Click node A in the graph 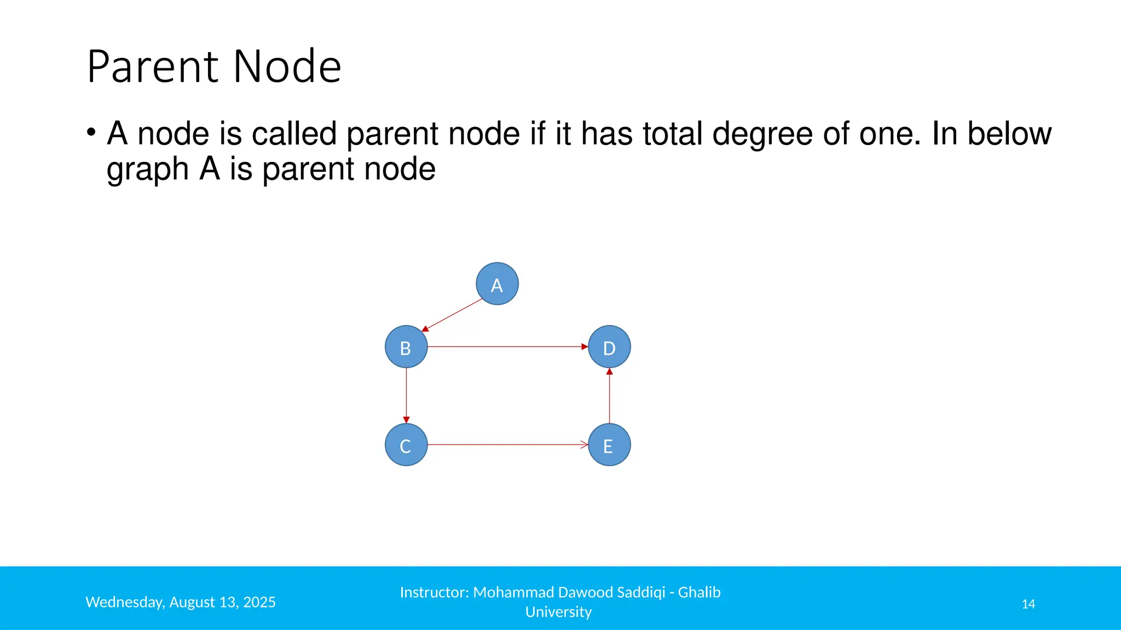coord(497,284)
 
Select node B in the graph coord(406,347)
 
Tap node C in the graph coord(406,445)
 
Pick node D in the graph coord(609,347)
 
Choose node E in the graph coord(609,445)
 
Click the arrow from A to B coord(453,314)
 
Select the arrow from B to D coord(507,347)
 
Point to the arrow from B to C coord(406,395)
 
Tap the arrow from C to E coord(507,445)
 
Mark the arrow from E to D coord(609,395)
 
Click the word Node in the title coord(287,67)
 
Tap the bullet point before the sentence coord(91,132)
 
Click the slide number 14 coord(1028,604)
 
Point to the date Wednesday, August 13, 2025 coord(181,602)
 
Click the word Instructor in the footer coord(434,592)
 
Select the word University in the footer coord(558,612)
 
